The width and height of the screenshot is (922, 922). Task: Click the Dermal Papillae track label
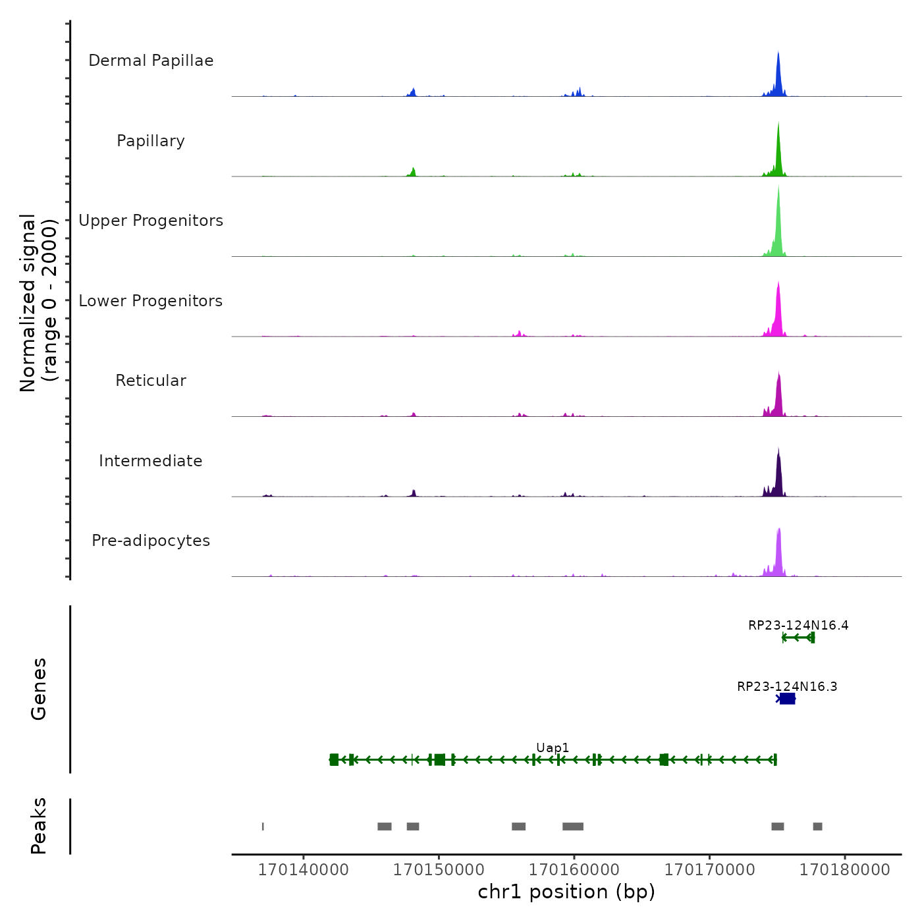point(151,61)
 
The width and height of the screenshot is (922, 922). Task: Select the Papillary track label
point(151,141)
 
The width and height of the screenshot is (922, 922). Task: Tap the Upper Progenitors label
point(151,221)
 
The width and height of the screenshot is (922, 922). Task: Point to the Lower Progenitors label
point(151,301)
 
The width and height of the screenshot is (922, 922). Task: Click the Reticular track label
point(151,381)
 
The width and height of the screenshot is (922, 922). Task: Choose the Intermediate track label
point(151,461)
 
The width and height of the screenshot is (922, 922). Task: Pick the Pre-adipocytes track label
point(151,541)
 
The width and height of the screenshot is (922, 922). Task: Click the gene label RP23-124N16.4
point(798,625)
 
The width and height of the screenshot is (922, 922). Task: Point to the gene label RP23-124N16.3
point(787,686)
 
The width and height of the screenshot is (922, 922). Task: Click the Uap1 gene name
point(553,747)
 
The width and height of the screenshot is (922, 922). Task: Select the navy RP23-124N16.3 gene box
point(787,699)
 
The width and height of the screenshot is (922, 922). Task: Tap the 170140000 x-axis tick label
point(303,869)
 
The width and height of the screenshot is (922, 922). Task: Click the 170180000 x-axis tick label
point(845,869)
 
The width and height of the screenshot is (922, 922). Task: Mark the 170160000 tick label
point(574,869)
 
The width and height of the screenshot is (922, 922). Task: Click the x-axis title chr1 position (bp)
point(566,892)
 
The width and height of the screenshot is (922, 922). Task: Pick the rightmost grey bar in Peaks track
point(817,827)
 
